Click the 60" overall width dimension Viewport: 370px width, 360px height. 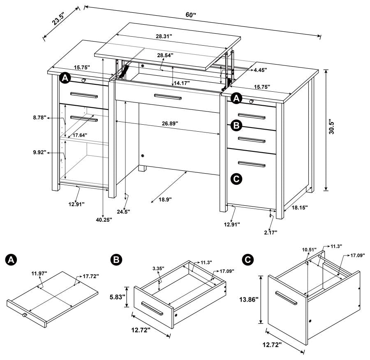click(191, 15)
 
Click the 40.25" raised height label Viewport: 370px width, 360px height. click(104, 220)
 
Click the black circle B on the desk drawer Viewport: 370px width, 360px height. click(236, 125)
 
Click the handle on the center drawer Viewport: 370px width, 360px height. click(168, 97)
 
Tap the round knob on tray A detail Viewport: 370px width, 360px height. click(24, 315)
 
